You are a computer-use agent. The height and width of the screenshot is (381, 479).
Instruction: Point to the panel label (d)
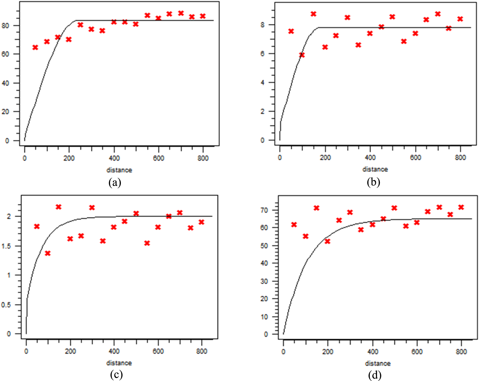[x=375, y=375]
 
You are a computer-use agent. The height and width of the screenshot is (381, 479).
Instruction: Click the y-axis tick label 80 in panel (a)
[x=5, y=26]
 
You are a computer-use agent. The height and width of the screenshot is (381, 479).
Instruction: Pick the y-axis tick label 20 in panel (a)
[x=5, y=112]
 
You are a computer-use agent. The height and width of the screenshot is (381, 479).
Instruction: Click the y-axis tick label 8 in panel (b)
[x=262, y=25]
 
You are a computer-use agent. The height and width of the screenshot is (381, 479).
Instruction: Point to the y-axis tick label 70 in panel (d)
[x=265, y=210]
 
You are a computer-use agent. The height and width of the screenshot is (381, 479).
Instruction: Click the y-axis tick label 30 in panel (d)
[x=265, y=281]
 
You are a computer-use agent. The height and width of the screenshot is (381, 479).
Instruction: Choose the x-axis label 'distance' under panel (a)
[x=119, y=170]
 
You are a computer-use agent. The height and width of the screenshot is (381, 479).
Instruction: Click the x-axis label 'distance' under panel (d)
[x=378, y=363]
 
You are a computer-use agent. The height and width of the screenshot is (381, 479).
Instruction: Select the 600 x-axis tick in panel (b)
[x=415, y=158]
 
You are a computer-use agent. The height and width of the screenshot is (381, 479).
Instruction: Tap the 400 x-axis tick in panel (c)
[x=114, y=351]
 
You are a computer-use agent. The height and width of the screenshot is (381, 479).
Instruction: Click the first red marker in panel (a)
[x=35, y=47]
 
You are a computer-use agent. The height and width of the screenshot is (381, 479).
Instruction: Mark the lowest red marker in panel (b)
[x=302, y=55]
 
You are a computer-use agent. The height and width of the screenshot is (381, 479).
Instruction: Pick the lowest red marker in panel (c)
[x=48, y=253]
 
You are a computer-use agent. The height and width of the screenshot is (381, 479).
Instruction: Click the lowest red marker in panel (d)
[x=327, y=241]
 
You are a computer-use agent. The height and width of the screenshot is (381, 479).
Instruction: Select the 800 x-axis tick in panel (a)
[x=203, y=158]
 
